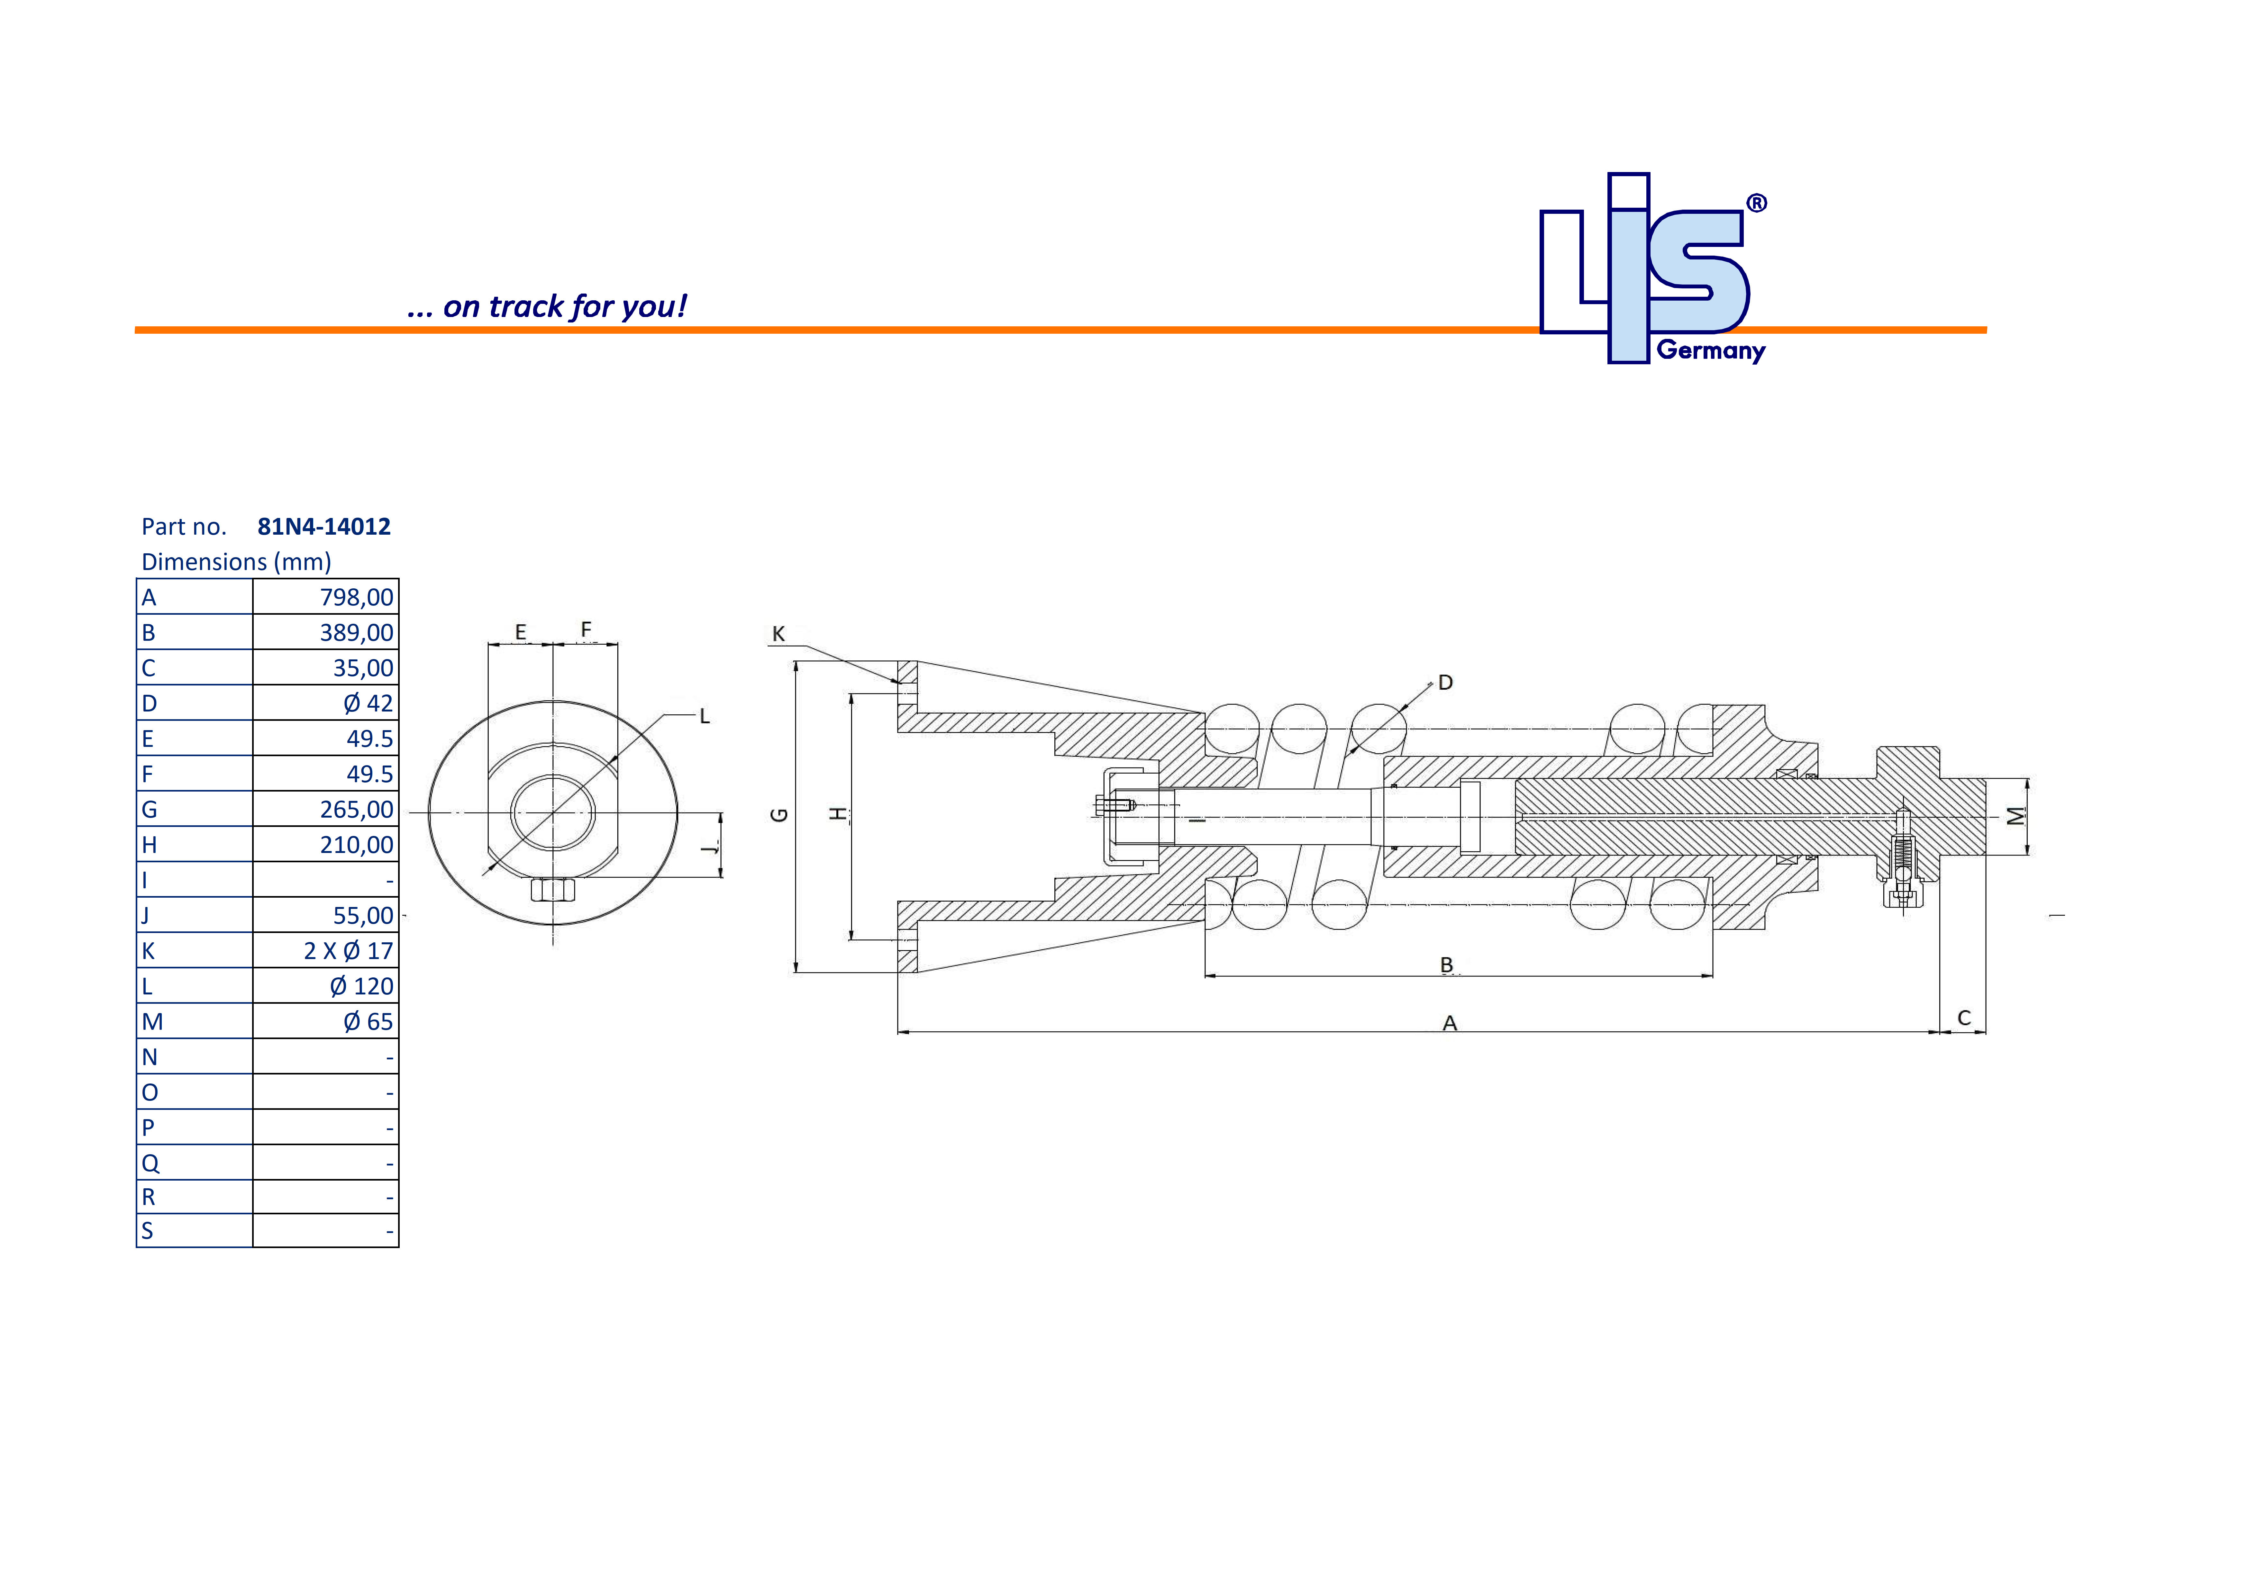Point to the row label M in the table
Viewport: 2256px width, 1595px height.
click(152, 1022)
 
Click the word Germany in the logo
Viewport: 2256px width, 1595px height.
click(1711, 351)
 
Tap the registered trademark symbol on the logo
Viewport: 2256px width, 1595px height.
click(1756, 204)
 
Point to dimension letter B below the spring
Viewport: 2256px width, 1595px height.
click(1446, 965)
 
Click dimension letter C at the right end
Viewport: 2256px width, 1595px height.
click(1964, 1018)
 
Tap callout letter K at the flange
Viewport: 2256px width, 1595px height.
click(778, 634)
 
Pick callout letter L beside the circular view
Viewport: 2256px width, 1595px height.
click(705, 716)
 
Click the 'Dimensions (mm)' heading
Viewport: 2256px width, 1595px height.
click(236, 562)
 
